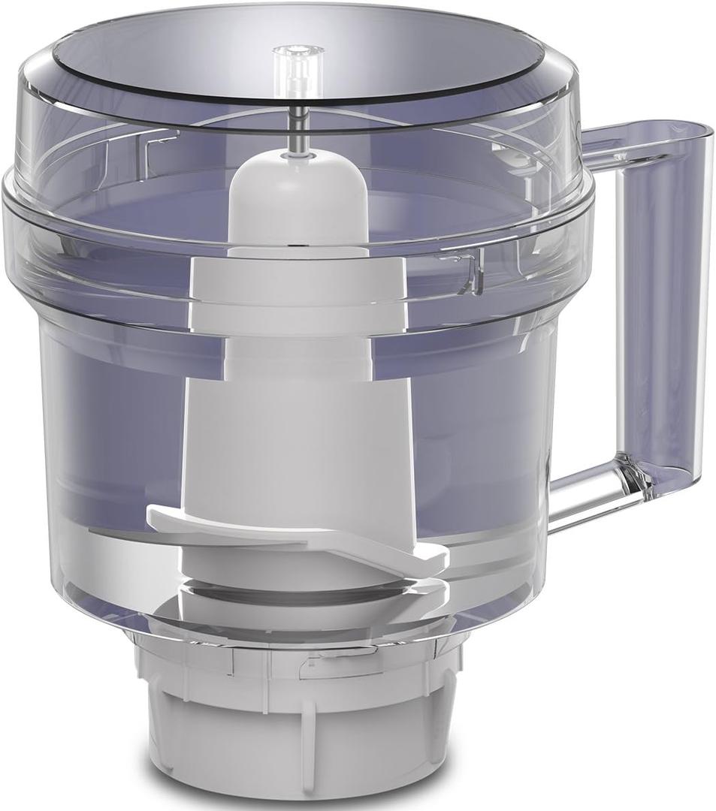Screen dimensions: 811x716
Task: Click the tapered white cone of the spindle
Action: click(x=298, y=443)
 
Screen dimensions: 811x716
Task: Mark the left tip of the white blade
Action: click(x=154, y=517)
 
